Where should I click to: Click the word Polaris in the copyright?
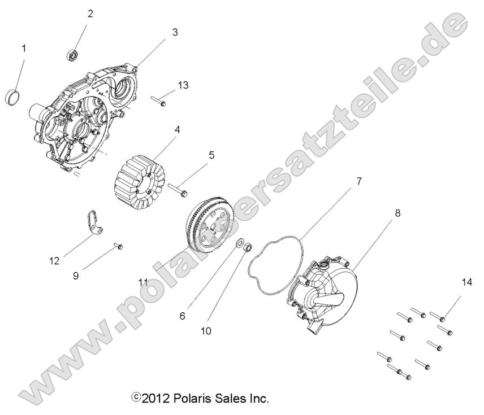(x=193, y=398)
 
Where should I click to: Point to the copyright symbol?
(x=135, y=397)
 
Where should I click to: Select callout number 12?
(x=55, y=260)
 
